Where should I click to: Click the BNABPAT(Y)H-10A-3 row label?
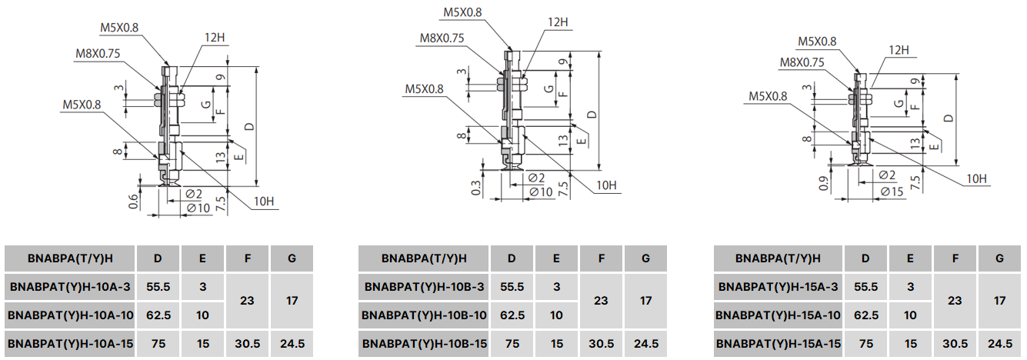pyautogui.click(x=70, y=287)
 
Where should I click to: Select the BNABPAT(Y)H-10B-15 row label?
pyautogui.click(x=424, y=344)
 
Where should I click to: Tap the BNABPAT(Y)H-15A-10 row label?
pyautogui.click(x=778, y=315)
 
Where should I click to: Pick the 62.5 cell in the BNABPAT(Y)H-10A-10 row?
pyautogui.click(x=158, y=315)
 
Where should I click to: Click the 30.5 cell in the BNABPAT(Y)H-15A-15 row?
pyautogui.click(x=955, y=344)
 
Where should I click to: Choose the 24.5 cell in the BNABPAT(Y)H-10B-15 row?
pyautogui.click(x=646, y=344)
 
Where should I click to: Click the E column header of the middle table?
pyautogui.click(x=556, y=258)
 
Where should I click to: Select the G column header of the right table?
pyautogui.click(x=999, y=258)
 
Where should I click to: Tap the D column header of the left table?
pyautogui.click(x=158, y=258)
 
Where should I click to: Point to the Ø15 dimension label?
pyautogui.click(x=892, y=192)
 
